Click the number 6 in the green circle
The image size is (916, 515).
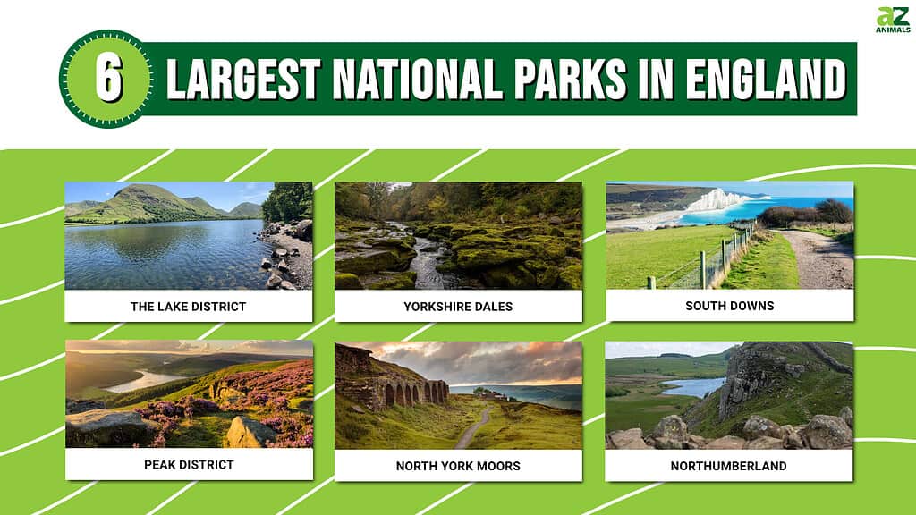coord(108,80)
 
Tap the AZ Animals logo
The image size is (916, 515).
coord(893,20)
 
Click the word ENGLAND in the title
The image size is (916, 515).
coord(766,79)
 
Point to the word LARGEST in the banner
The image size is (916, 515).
coord(243,79)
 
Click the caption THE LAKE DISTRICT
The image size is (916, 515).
coord(188,307)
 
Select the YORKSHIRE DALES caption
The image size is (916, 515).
coord(458,307)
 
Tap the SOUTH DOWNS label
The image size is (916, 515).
coord(730,306)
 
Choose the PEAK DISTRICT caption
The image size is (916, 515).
coord(189,465)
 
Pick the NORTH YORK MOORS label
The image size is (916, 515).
coord(458,466)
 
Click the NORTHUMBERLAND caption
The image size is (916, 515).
coord(728,466)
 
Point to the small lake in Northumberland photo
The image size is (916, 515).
coord(693,386)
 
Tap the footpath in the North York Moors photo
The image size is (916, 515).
coord(474,426)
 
